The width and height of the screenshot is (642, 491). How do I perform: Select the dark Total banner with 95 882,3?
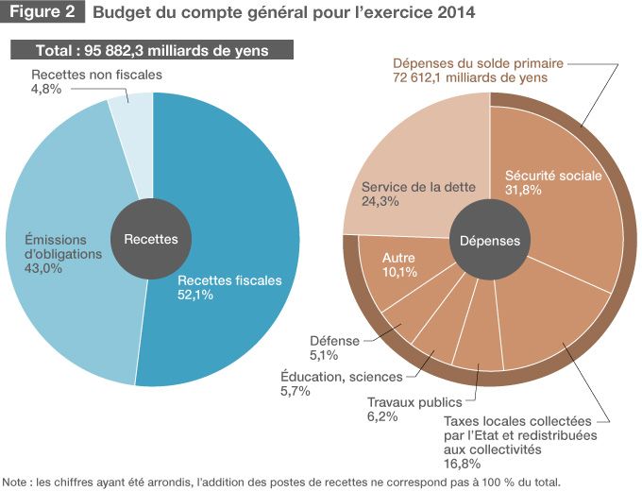coord(152,50)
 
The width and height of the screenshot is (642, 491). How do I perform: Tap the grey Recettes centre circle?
coord(151,239)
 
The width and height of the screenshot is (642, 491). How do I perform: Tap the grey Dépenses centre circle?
coord(489,240)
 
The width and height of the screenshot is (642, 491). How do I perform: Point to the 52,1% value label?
coord(195,295)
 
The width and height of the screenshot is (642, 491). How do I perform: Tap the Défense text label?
coord(334,341)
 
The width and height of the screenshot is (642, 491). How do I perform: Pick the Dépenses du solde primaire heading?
coord(479,63)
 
